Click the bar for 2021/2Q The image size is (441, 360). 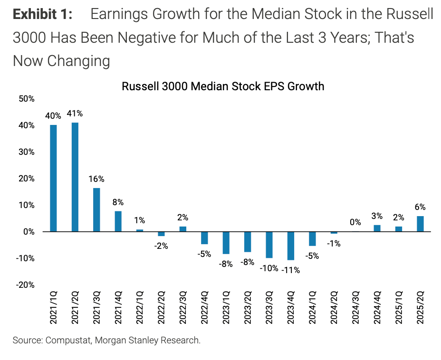pos(75,177)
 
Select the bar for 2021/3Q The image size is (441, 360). pos(96,209)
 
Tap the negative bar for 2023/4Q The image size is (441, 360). pos(290,246)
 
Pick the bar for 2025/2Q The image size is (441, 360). pos(420,224)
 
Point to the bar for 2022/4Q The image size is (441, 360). pos(204,237)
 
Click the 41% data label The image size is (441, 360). pos(75,114)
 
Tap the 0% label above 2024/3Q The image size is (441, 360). pos(355,222)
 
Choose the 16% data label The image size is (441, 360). pos(96,179)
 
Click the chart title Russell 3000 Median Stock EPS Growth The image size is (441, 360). pos(223,86)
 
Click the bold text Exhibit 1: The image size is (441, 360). pos(42,14)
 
